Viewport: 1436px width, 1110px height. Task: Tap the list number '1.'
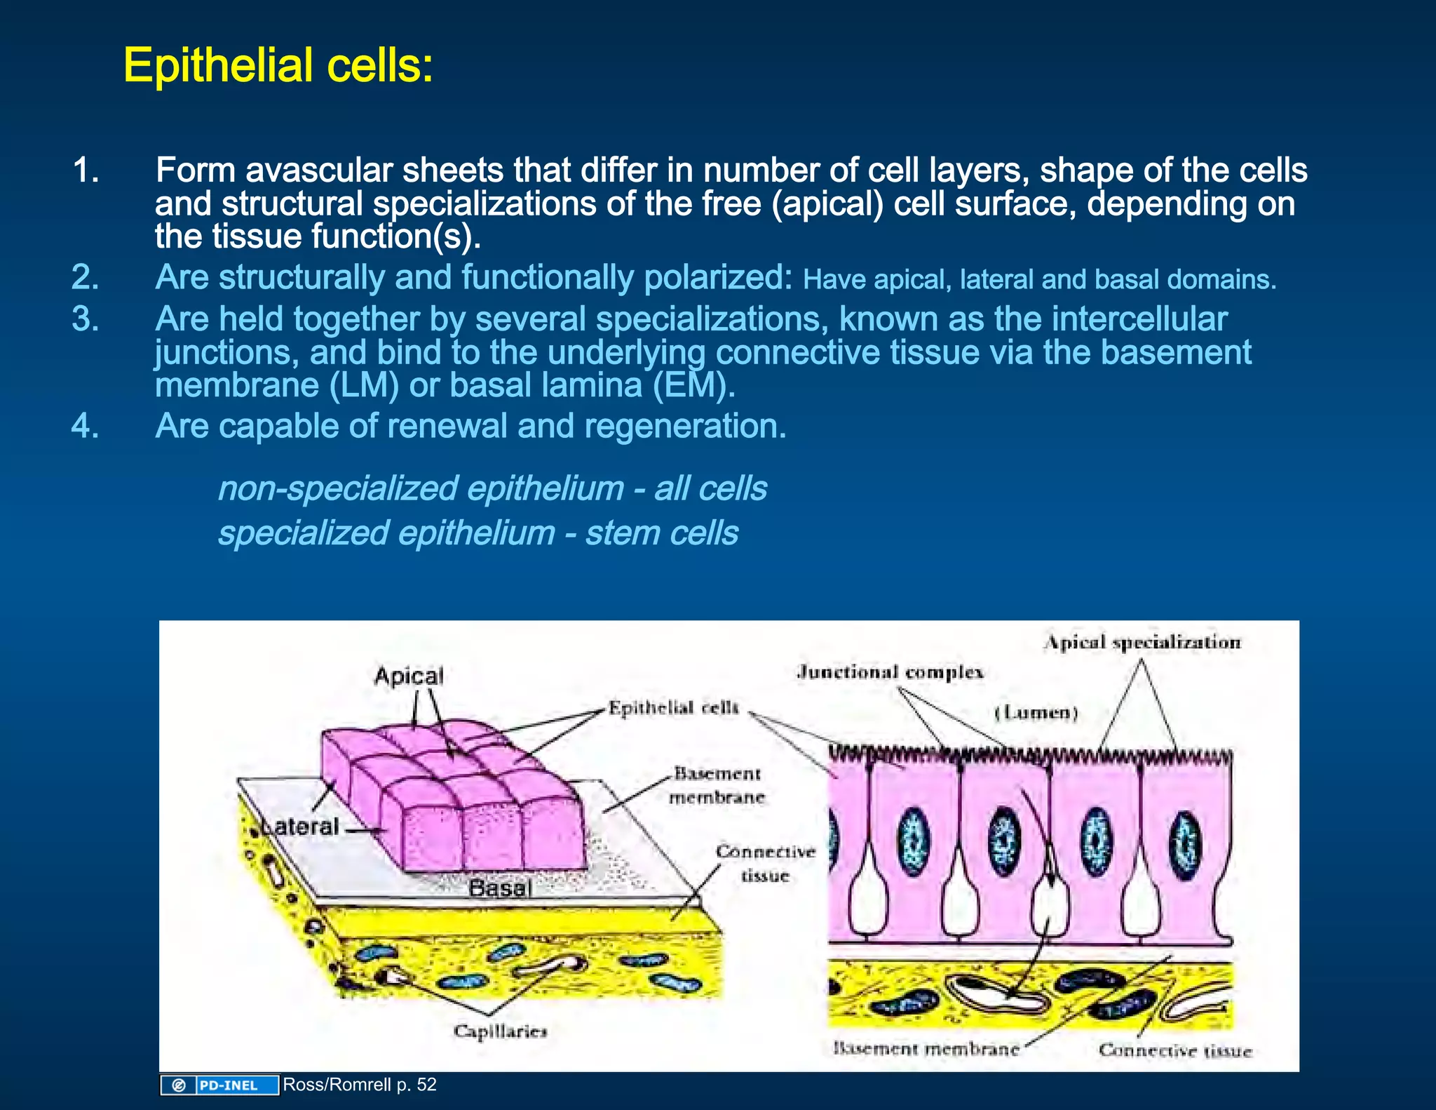pos(86,170)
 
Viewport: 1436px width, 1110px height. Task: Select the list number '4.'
pos(86,426)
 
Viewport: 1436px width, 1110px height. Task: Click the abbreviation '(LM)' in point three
pos(364,385)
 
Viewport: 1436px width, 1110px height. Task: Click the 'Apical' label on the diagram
pos(409,676)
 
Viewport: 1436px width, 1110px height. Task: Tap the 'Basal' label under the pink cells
pos(500,888)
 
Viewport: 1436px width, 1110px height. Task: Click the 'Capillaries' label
pos(500,1031)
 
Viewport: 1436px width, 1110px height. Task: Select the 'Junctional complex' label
pos(890,672)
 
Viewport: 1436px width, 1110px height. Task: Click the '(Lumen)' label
pos(1036,713)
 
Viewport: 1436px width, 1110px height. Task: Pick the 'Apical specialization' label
pos(1142,642)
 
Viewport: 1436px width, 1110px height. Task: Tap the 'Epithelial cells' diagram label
pos(673,707)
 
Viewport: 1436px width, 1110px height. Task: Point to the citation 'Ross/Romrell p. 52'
pos(360,1085)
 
